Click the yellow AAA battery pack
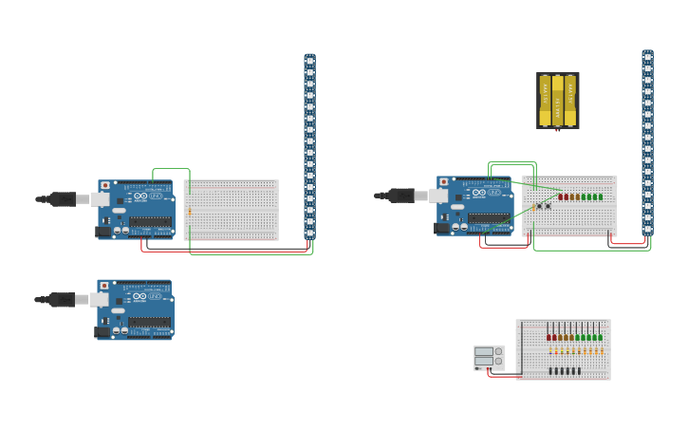click(x=557, y=101)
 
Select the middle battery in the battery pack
click(x=557, y=101)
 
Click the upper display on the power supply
click(x=484, y=352)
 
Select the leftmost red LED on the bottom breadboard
click(x=549, y=337)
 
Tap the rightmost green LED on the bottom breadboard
click(x=600, y=337)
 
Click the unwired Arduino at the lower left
click(x=135, y=308)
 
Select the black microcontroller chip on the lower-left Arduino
click(x=150, y=323)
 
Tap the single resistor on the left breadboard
click(x=189, y=211)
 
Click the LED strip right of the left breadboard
click(x=309, y=147)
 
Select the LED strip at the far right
click(x=647, y=142)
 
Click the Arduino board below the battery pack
click(x=474, y=205)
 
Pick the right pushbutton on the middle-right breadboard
click(x=548, y=206)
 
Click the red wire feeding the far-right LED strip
click(x=628, y=243)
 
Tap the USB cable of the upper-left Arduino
click(x=62, y=198)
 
